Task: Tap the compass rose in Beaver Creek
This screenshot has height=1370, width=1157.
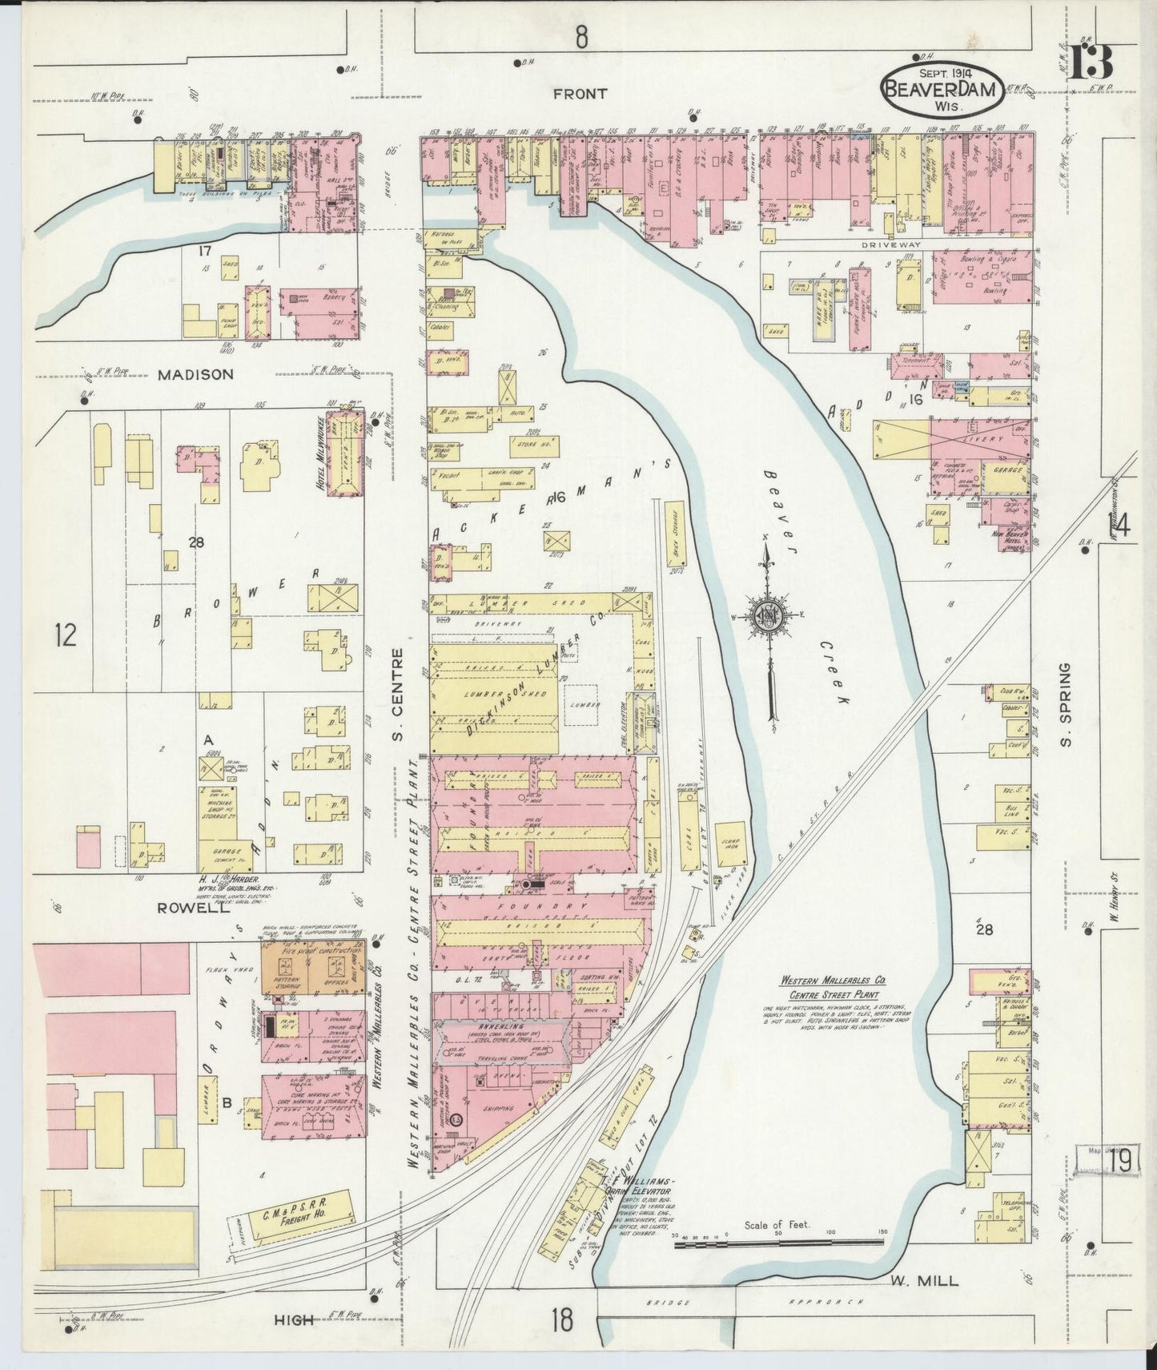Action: pyautogui.click(x=767, y=615)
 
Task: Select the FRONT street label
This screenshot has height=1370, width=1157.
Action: pyautogui.click(x=580, y=94)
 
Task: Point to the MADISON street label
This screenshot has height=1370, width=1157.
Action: pyautogui.click(x=195, y=374)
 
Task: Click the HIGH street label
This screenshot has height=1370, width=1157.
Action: pyautogui.click(x=294, y=1320)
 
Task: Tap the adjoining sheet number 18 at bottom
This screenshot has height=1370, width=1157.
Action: pyautogui.click(x=563, y=1318)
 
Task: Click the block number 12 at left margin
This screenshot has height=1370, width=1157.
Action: pyautogui.click(x=66, y=635)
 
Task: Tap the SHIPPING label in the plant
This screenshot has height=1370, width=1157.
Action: pyautogui.click(x=499, y=1109)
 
